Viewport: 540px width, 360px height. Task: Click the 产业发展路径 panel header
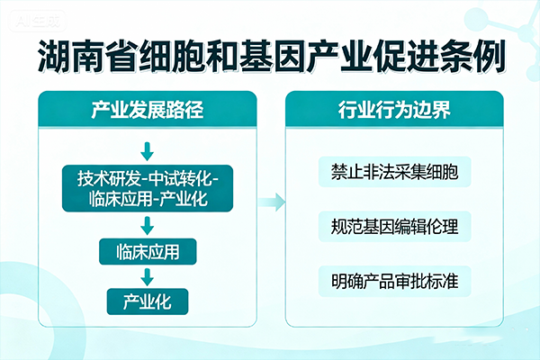point(147,112)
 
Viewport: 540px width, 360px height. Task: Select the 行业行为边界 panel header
point(394,112)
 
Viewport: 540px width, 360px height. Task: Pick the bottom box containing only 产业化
point(147,300)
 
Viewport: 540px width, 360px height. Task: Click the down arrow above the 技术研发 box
point(147,147)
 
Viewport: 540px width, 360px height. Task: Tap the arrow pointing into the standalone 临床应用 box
point(147,224)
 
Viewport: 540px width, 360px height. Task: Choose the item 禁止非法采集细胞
point(394,171)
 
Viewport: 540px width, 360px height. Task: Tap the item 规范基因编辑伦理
point(394,226)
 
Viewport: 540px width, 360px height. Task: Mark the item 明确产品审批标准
point(394,280)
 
